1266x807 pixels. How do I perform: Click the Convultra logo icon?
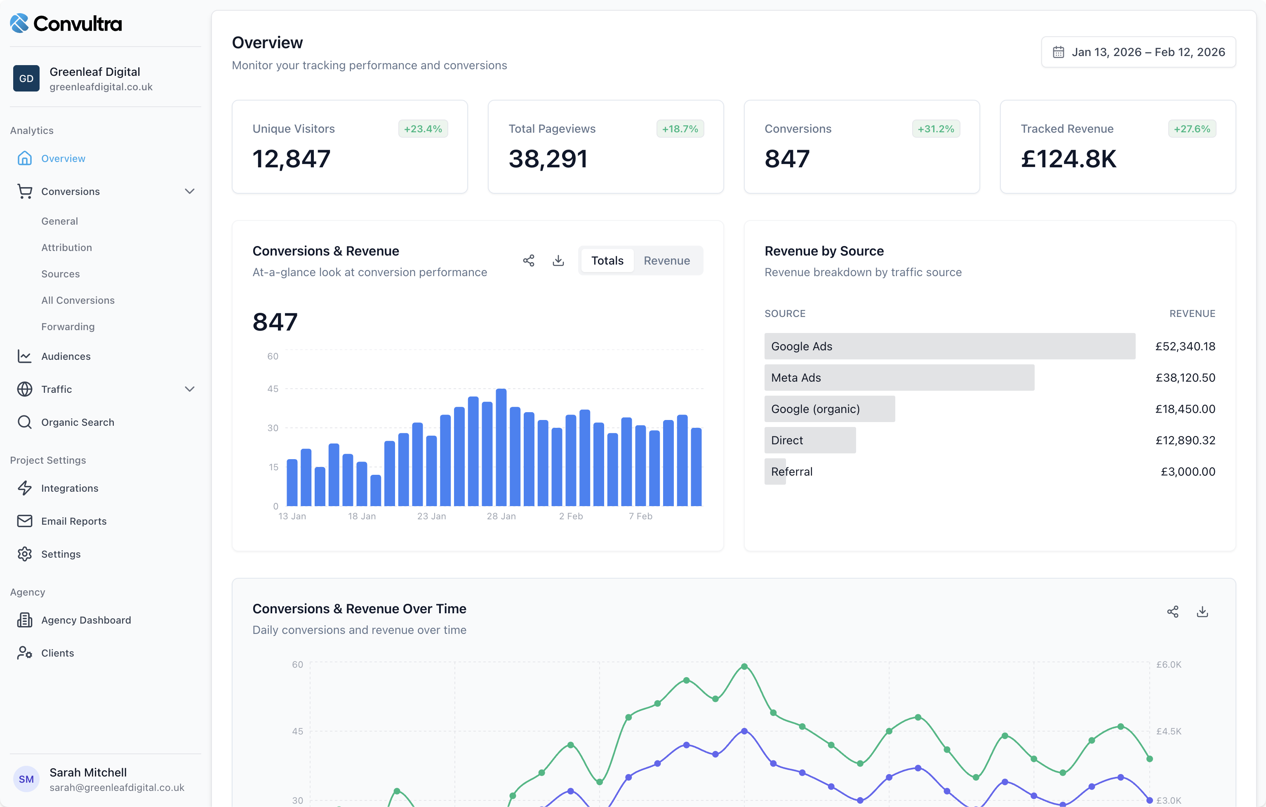[19, 23]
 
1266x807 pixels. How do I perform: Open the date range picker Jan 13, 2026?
[1138, 52]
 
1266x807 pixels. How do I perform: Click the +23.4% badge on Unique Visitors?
[423, 129]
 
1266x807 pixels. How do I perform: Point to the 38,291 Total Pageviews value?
[547, 159]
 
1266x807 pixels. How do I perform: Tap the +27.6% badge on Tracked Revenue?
[1191, 129]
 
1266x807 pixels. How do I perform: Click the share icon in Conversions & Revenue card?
[528, 260]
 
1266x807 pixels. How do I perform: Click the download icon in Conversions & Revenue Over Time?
[1202, 612]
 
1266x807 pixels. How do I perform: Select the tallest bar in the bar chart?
[501, 447]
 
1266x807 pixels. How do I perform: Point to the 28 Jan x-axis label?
[501, 516]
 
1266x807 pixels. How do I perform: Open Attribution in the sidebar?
[67, 247]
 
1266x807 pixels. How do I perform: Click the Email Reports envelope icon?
[25, 521]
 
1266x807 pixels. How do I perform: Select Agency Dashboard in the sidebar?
[86, 620]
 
